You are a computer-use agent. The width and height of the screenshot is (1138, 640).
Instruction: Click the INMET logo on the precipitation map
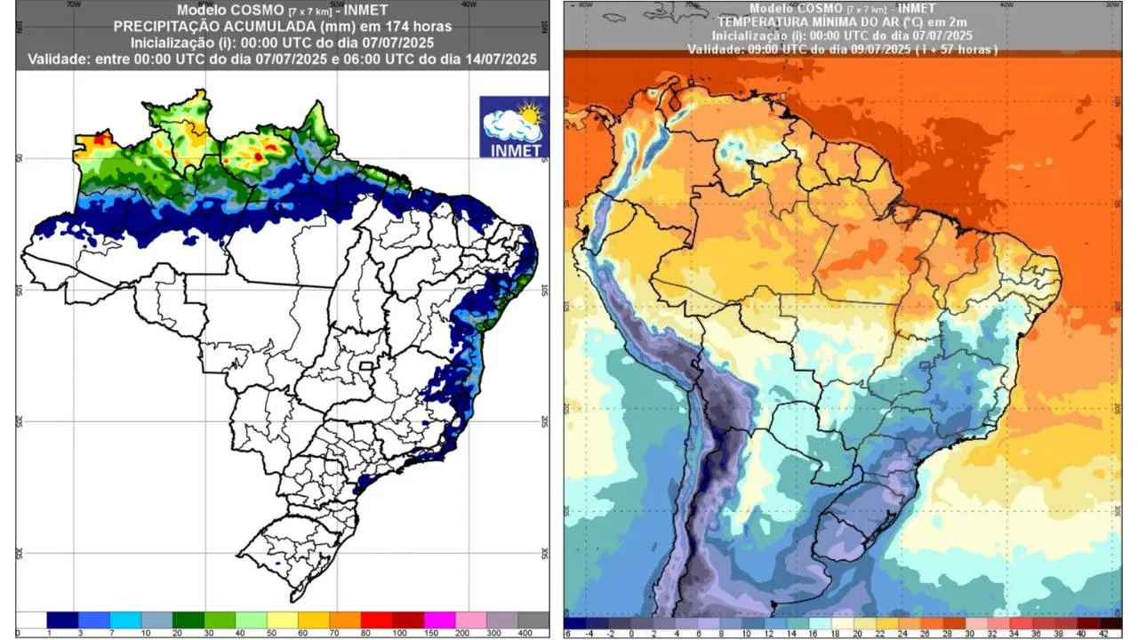pos(513,127)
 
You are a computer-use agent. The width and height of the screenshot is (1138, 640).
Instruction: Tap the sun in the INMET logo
pos(530,114)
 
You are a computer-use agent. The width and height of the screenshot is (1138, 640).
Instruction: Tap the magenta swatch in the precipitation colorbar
pos(438,620)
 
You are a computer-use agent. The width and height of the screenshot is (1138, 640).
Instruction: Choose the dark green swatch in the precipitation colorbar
pos(188,620)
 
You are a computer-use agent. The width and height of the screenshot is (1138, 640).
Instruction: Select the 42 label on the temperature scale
pos(1103,633)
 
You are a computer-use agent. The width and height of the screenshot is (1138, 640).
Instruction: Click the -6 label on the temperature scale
pos(567,633)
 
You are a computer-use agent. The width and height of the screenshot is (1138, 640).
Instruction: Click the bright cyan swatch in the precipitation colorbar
pos(124,620)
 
